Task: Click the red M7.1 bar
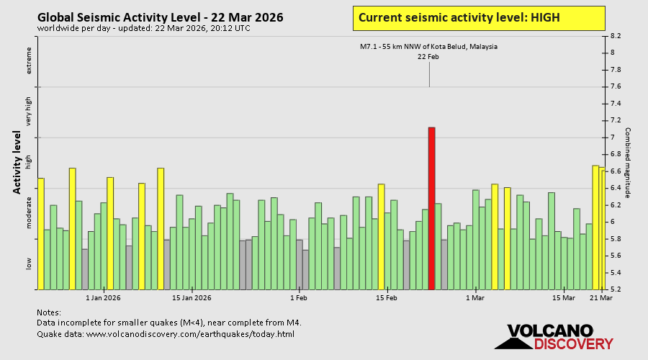point(431,208)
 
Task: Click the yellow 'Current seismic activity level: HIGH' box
point(479,18)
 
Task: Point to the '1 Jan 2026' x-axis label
point(103,297)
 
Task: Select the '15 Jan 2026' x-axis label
point(192,297)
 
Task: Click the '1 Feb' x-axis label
point(299,297)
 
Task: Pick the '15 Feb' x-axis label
point(387,297)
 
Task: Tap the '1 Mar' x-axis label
point(475,297)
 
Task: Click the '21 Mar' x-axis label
point(601,297)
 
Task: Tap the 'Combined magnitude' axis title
point(628,163)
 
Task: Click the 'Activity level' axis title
point(16,162)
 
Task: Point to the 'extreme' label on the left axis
point(30,60)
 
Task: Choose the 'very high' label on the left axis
point(30,112)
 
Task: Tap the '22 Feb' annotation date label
point(428,57)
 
